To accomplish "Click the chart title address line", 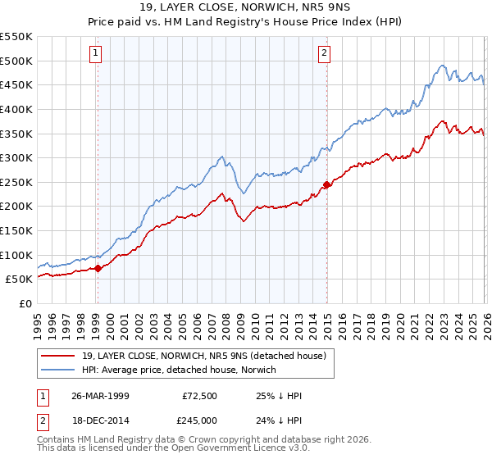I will point(246,7).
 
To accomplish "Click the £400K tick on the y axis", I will point(16,109).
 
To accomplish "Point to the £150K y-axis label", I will point(16,230).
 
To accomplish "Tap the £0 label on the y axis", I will point(25,303).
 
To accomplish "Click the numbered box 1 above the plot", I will point(96,53).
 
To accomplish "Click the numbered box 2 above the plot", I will point(325,53).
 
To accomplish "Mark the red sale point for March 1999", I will point(98,267).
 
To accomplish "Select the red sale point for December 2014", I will point(326,184).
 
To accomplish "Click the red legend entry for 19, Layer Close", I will point(204,356).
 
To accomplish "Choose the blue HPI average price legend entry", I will point(179,370).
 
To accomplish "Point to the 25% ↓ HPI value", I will point(280,396).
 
